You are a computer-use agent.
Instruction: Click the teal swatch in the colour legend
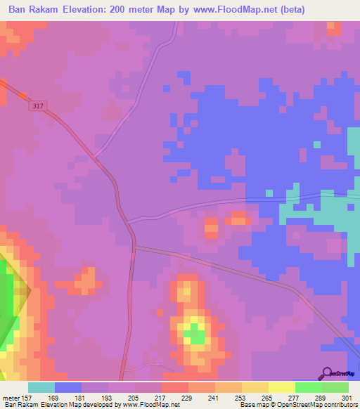point(41,387)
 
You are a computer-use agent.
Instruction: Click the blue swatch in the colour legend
point(68,387)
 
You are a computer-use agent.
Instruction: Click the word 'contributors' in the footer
point(340,405)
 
